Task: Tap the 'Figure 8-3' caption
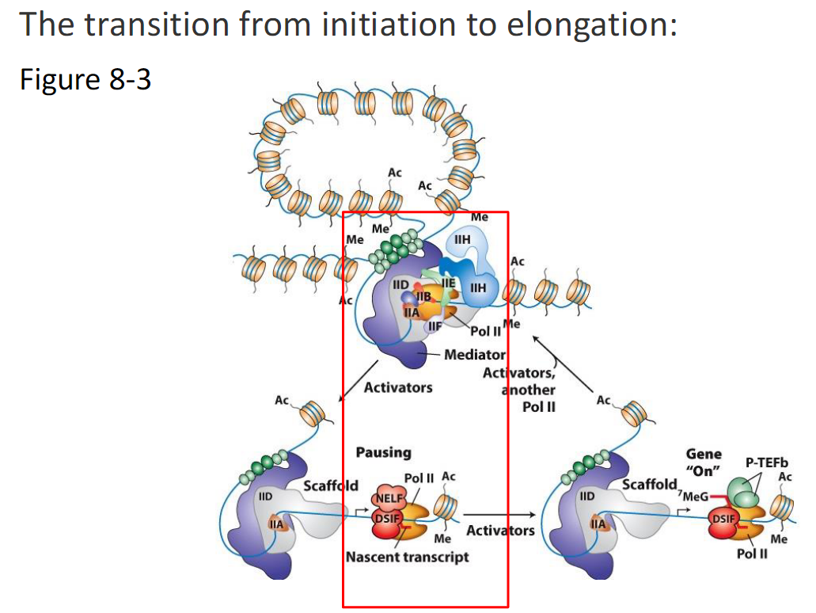pos(85,80)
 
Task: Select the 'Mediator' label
pos(474,355)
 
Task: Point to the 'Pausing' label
pos(383,452)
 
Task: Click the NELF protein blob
pos(388,497)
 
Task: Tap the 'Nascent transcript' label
pos(407,557)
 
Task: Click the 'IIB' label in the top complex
pos(423,295)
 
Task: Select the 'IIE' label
pos(448,282)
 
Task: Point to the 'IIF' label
pos(435,326)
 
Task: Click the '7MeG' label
pos(695,497)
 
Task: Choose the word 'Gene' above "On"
pos(704,454)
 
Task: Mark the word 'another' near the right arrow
pos(529,390)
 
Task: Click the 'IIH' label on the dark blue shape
pos(478,289)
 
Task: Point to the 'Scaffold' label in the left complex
pos(331,485)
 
